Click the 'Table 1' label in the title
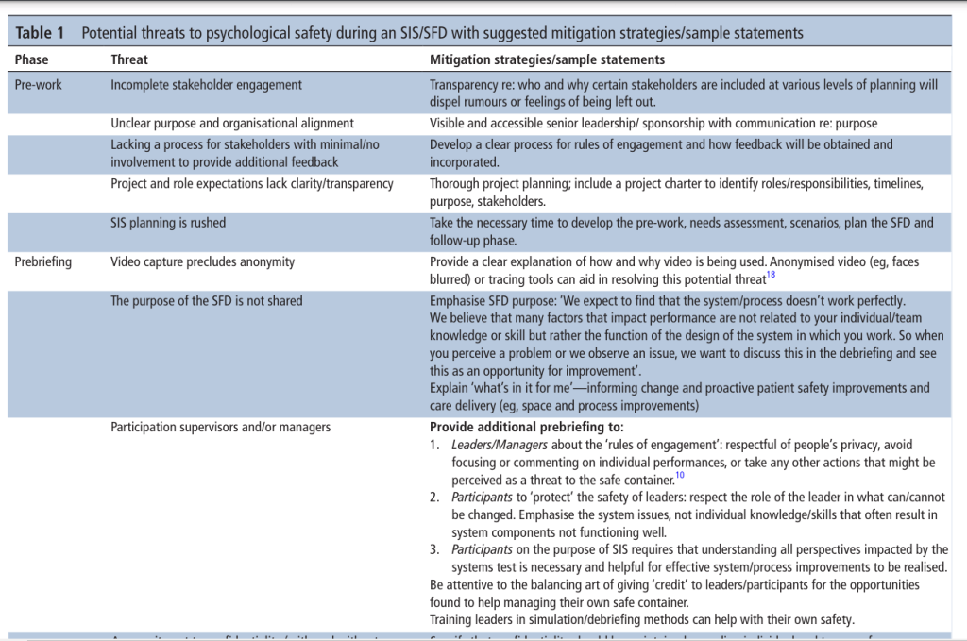(41, 33)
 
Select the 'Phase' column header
(31, 59)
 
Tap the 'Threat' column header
(129, 59)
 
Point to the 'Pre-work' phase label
(39, 84)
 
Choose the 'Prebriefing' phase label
(43, 261)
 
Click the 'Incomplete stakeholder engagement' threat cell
(206, 84)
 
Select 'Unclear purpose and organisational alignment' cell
(232, 123)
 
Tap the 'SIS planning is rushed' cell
(168, 223)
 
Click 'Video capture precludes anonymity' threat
(202, 261)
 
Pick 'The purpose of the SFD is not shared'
(207, 301)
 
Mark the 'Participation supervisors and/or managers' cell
(220, 427)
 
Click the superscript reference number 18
(771, 275)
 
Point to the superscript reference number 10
(679, 476)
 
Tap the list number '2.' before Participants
(434, 497)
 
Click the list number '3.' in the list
(434, 549)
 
